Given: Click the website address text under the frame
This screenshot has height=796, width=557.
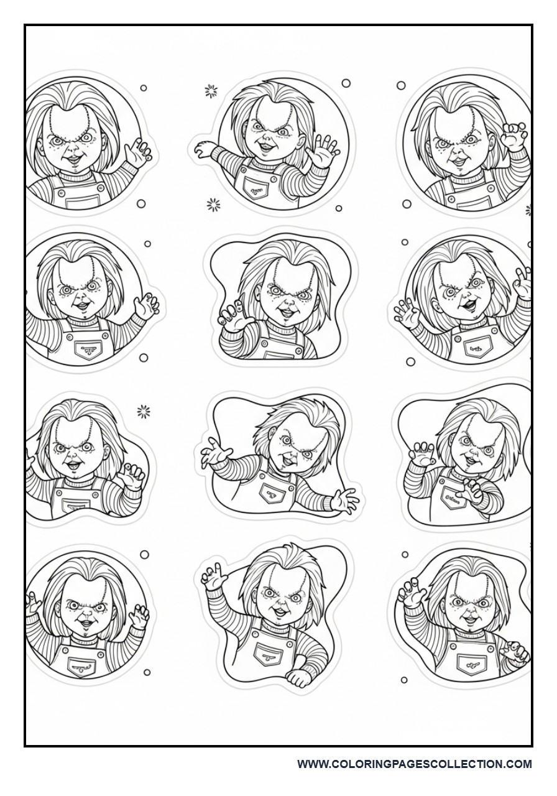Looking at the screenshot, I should (414, 764).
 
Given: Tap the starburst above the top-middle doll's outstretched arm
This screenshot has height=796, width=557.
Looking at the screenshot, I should (211, 92).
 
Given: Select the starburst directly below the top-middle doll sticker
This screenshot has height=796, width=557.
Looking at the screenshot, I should (214, 204).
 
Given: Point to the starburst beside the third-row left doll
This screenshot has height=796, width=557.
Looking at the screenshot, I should (144, 411).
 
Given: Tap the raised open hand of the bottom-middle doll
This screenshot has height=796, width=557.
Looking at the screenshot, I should (213, 577).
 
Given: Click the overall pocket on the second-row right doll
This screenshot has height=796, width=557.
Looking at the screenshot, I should (477, 348).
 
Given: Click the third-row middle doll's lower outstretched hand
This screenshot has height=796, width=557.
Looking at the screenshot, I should (343, 499).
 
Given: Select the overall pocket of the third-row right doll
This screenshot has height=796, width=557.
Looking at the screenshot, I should (453, 497).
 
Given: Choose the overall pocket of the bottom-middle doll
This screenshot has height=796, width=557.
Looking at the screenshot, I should (269, 654).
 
